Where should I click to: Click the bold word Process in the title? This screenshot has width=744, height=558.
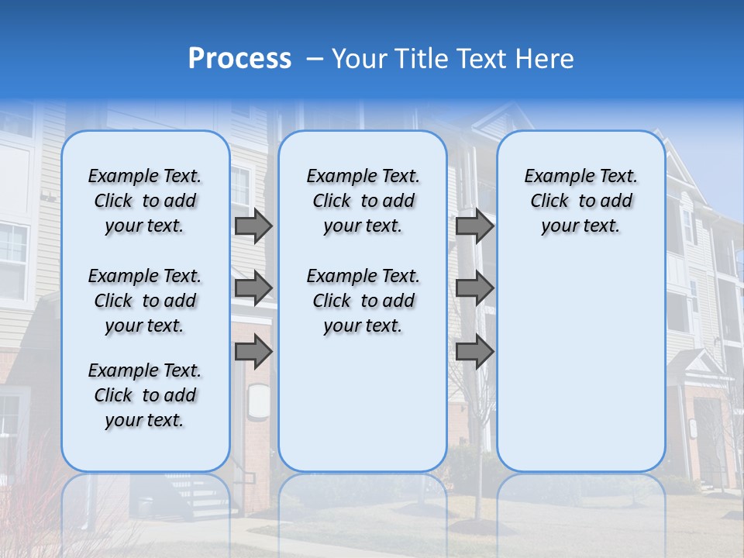click(x=239, y=59)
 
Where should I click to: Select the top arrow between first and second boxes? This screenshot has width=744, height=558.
click(x=253, y=226)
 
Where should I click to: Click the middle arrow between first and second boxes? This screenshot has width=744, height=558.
click(x=253, y=288)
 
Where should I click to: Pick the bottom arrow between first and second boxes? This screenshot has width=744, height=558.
click(x=253, y=352)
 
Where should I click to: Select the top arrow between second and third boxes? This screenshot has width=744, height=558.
click(x=474, y=226)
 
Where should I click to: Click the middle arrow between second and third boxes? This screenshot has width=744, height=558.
click(x=474, y=288)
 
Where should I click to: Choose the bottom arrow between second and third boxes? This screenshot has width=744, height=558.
click(x=474, y=352)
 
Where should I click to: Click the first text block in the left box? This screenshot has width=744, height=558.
click(x=145, y=201)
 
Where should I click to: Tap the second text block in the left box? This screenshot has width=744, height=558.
click(x=145, y=301)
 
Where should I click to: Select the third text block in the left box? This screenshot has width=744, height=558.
click(x=145, y=395)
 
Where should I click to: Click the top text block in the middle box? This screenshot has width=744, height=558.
click(x=363, y=201)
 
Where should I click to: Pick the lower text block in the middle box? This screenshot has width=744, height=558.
click(x=363, y=301)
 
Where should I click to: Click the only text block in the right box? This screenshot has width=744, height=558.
click(x=581, y=201)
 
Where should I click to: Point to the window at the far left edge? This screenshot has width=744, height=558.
click(x=12, y=260)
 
